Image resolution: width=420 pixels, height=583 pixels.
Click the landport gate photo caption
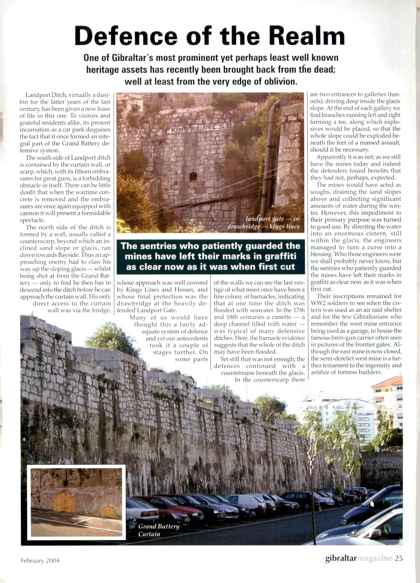click(273, 223)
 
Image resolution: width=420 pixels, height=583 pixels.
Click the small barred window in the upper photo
click(193, 176)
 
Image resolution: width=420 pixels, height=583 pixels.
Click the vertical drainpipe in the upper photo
click(270, 159)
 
